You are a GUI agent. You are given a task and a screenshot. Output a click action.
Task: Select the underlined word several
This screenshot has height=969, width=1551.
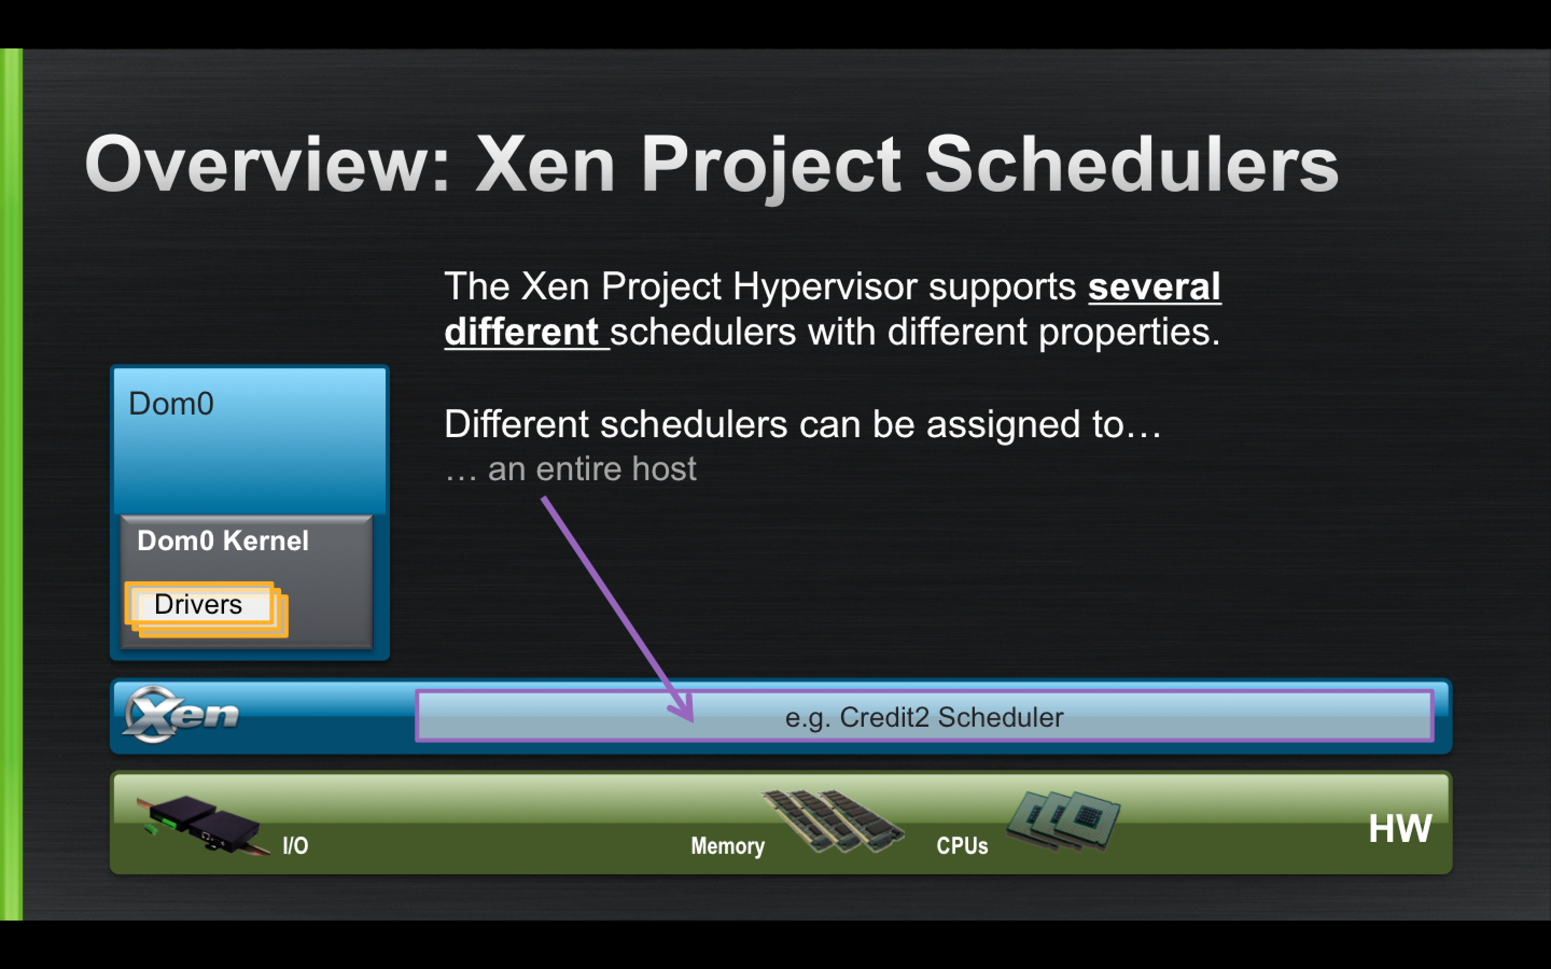click(x=1154, y=286)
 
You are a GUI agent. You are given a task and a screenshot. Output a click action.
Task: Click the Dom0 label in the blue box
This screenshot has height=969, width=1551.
click(x=171, y=404)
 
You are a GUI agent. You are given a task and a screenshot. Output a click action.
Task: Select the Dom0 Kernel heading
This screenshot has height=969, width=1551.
click(x=222, y=540)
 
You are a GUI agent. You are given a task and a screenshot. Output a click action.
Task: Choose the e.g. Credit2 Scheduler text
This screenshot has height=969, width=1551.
click(x=924, y=717)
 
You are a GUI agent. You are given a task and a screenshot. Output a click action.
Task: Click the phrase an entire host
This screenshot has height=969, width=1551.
click(x=591, y=468)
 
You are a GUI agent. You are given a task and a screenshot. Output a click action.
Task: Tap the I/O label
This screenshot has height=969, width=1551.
click(x=296, y=846)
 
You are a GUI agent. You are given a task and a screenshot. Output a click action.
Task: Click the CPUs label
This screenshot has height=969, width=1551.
click(x=962, y=846)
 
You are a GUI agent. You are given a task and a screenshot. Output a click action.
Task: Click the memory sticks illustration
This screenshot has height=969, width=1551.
click(x=833, y=820)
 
